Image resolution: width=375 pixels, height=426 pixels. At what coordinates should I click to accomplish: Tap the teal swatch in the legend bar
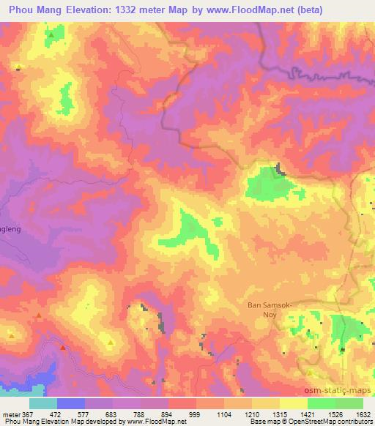pyautogui.click(x=43, y=403)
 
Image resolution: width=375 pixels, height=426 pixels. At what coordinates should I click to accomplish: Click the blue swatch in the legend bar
pyautogui.click(x=71, y=403)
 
